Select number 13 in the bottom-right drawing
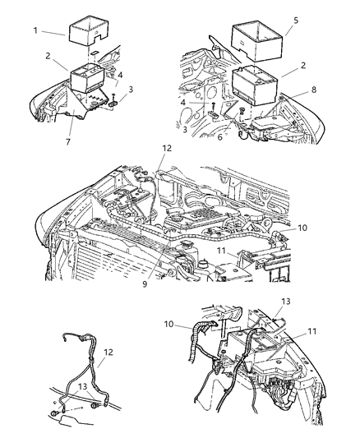286,302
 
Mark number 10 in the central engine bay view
302,228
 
